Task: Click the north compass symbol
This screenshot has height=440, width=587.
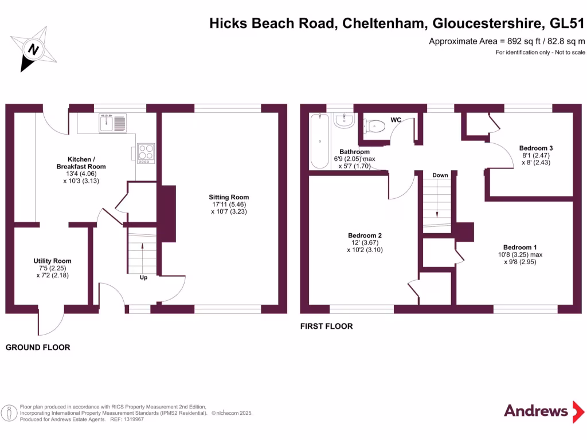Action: [34, 49]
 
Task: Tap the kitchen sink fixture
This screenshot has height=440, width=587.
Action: [112, 123]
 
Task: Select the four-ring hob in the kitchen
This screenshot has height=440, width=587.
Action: [146, 154]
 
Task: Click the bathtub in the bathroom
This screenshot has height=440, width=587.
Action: [319, 140]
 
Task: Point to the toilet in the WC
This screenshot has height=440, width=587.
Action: [376, 125]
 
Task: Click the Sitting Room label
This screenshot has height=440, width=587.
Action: [229, 197]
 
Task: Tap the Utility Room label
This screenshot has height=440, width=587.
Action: [53, 261]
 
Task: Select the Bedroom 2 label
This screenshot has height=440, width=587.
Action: [365, 235]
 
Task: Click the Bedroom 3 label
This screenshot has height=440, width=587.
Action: [535, 148]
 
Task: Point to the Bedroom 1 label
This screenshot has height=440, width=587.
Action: [519, 247]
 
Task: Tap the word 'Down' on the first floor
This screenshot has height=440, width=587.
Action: [440, 175]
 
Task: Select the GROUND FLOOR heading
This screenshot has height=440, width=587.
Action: [38, 347]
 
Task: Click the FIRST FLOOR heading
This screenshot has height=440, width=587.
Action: [326, 327]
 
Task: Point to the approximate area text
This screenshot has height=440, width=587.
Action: [507, 41]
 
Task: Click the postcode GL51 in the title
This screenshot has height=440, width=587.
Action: [567, 24]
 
